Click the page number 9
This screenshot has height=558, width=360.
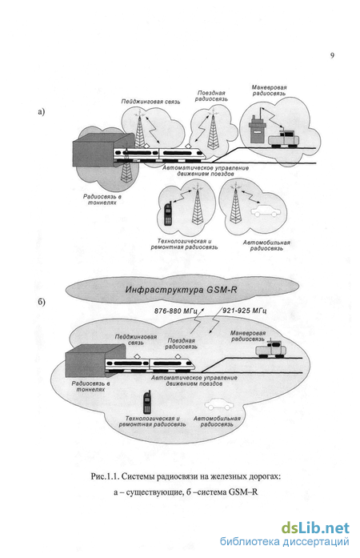332,55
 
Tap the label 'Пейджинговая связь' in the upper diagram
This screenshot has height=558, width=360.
151,102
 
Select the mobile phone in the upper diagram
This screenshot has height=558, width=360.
168,214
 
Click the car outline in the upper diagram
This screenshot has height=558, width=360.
266,211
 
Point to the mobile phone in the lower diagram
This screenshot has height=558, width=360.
147,403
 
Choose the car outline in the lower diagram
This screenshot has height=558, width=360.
219,404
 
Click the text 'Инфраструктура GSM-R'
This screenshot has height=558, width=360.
181,290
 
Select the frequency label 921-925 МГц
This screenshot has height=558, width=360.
245,311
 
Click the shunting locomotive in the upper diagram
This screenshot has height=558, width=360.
283,138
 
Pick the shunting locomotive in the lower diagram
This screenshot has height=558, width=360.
270,349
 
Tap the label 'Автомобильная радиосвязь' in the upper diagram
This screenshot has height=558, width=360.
266,246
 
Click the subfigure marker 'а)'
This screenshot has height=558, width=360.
42,112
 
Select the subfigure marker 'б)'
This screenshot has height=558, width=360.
42,302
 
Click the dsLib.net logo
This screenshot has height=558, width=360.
315,528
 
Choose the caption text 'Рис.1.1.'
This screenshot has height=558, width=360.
103,476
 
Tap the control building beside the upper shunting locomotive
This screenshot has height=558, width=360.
257,130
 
